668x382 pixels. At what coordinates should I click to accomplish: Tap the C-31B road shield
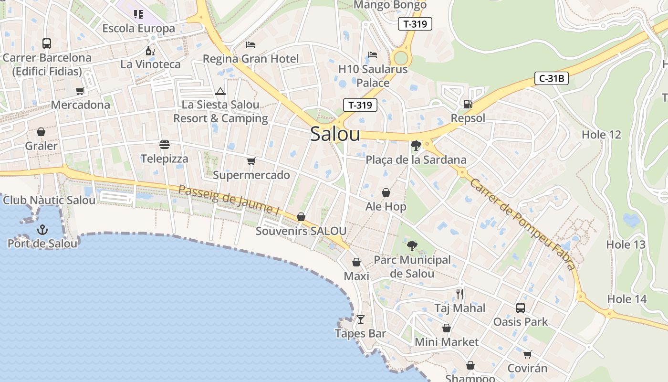pos(552,79)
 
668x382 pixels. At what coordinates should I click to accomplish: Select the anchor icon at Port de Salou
pos(42,230)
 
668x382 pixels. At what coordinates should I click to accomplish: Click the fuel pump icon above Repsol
pos(468,104)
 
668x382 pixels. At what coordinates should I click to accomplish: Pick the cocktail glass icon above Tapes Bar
pos(360,319)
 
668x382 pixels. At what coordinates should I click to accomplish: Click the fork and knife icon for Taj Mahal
pos(460,294)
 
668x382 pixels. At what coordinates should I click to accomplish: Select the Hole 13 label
pos(626,244)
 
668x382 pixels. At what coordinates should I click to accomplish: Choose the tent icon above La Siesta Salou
pos(220,91)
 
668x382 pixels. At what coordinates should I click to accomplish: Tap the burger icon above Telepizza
pos(165,145)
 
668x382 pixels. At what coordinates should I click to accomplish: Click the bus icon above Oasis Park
pos(521,308)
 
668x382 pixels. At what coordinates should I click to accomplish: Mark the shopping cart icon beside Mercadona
pos(80,91)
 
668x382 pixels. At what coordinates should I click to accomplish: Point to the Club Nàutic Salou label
pos(49,200)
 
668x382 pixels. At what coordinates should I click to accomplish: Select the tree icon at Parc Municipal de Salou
pos(412,246)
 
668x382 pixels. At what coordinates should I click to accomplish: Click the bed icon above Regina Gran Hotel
pos(250,45)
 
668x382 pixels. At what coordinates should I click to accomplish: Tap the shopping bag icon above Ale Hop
pos(386,192)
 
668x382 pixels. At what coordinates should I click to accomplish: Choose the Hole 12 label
pos(601,135)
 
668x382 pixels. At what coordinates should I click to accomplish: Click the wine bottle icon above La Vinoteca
pos(150,50)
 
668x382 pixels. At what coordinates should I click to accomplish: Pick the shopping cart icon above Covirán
pos(527,354)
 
